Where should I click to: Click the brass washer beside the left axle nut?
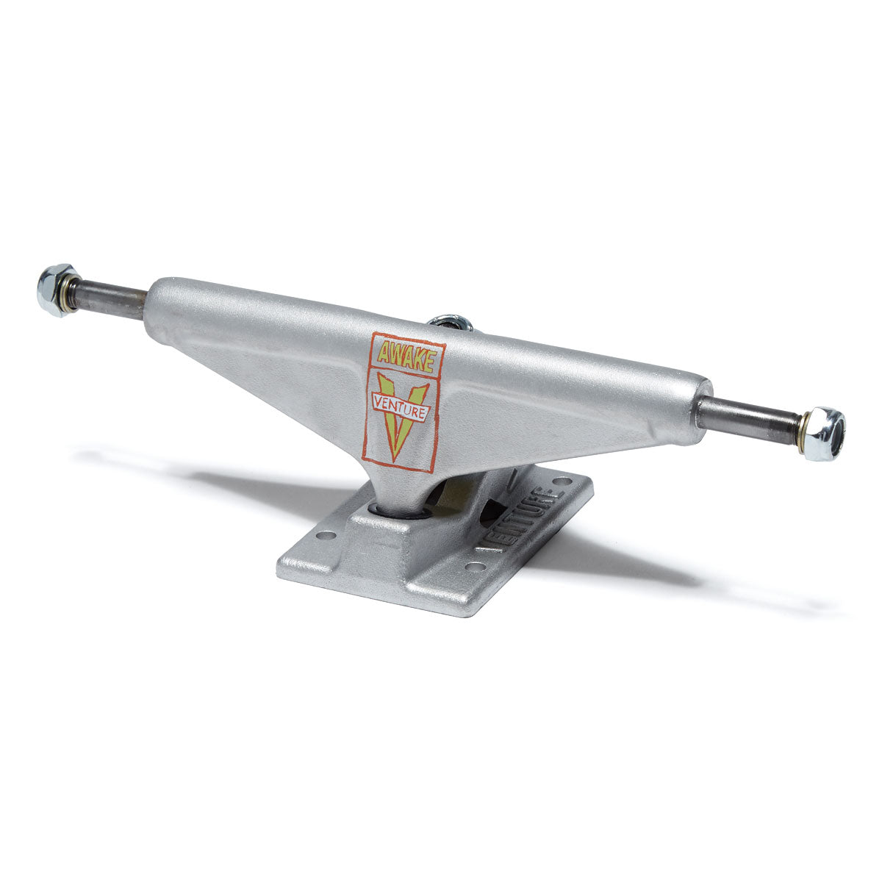tap(72, 294)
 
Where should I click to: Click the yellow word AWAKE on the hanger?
tap(404, 356)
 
